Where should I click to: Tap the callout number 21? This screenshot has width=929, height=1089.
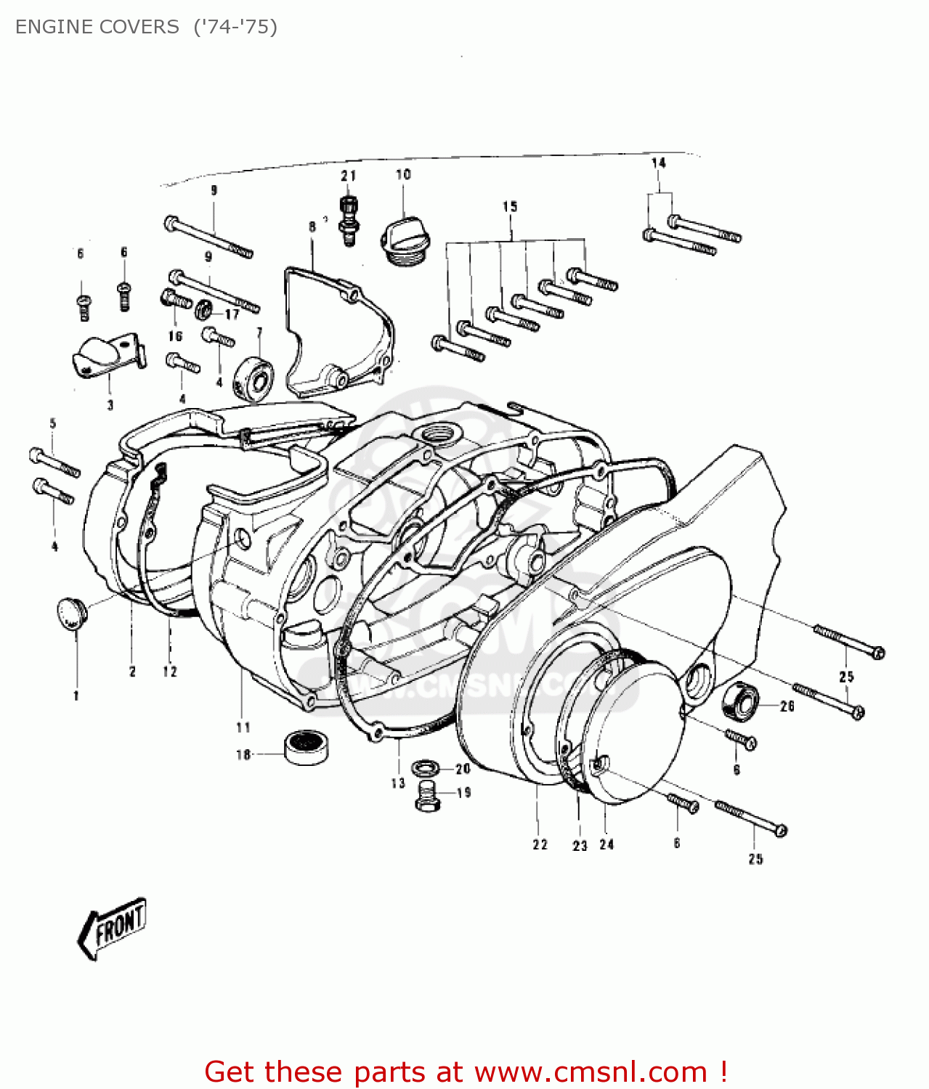(349, 176)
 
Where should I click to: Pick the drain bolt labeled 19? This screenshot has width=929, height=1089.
(428, 796)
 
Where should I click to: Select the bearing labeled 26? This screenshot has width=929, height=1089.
(739, 701)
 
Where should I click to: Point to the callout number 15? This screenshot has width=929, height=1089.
(510, 207)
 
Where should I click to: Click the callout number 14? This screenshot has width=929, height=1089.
(658, 163)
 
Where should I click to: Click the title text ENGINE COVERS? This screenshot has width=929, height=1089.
(97, 27)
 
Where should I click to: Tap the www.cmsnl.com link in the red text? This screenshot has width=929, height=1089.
(591, 1072)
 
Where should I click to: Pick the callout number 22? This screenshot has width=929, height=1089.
(540, 844)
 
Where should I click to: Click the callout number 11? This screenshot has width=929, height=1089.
(243, 727)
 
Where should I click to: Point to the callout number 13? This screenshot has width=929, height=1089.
(397, 783)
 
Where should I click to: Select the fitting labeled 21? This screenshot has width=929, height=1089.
(349, 218)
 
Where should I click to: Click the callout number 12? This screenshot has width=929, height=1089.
(170, 672)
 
